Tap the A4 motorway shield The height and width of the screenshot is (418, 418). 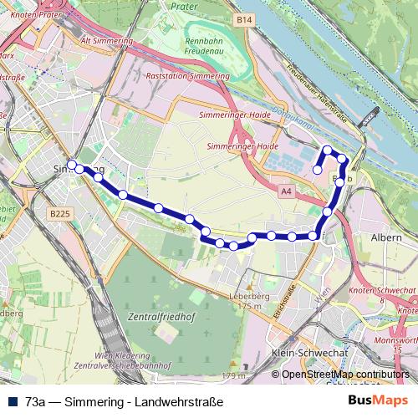[287, 191]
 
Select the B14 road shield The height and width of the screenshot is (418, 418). [243, 19]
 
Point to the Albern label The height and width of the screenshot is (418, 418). [385, 237]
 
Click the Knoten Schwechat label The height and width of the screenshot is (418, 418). [383, 289]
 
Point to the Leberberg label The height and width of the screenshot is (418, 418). [249, 296]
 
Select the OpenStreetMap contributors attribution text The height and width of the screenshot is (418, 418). [345, 374]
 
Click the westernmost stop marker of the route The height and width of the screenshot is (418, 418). [72, 164]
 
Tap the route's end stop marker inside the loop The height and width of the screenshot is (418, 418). [317, 170]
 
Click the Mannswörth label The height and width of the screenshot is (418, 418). [396, 341]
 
